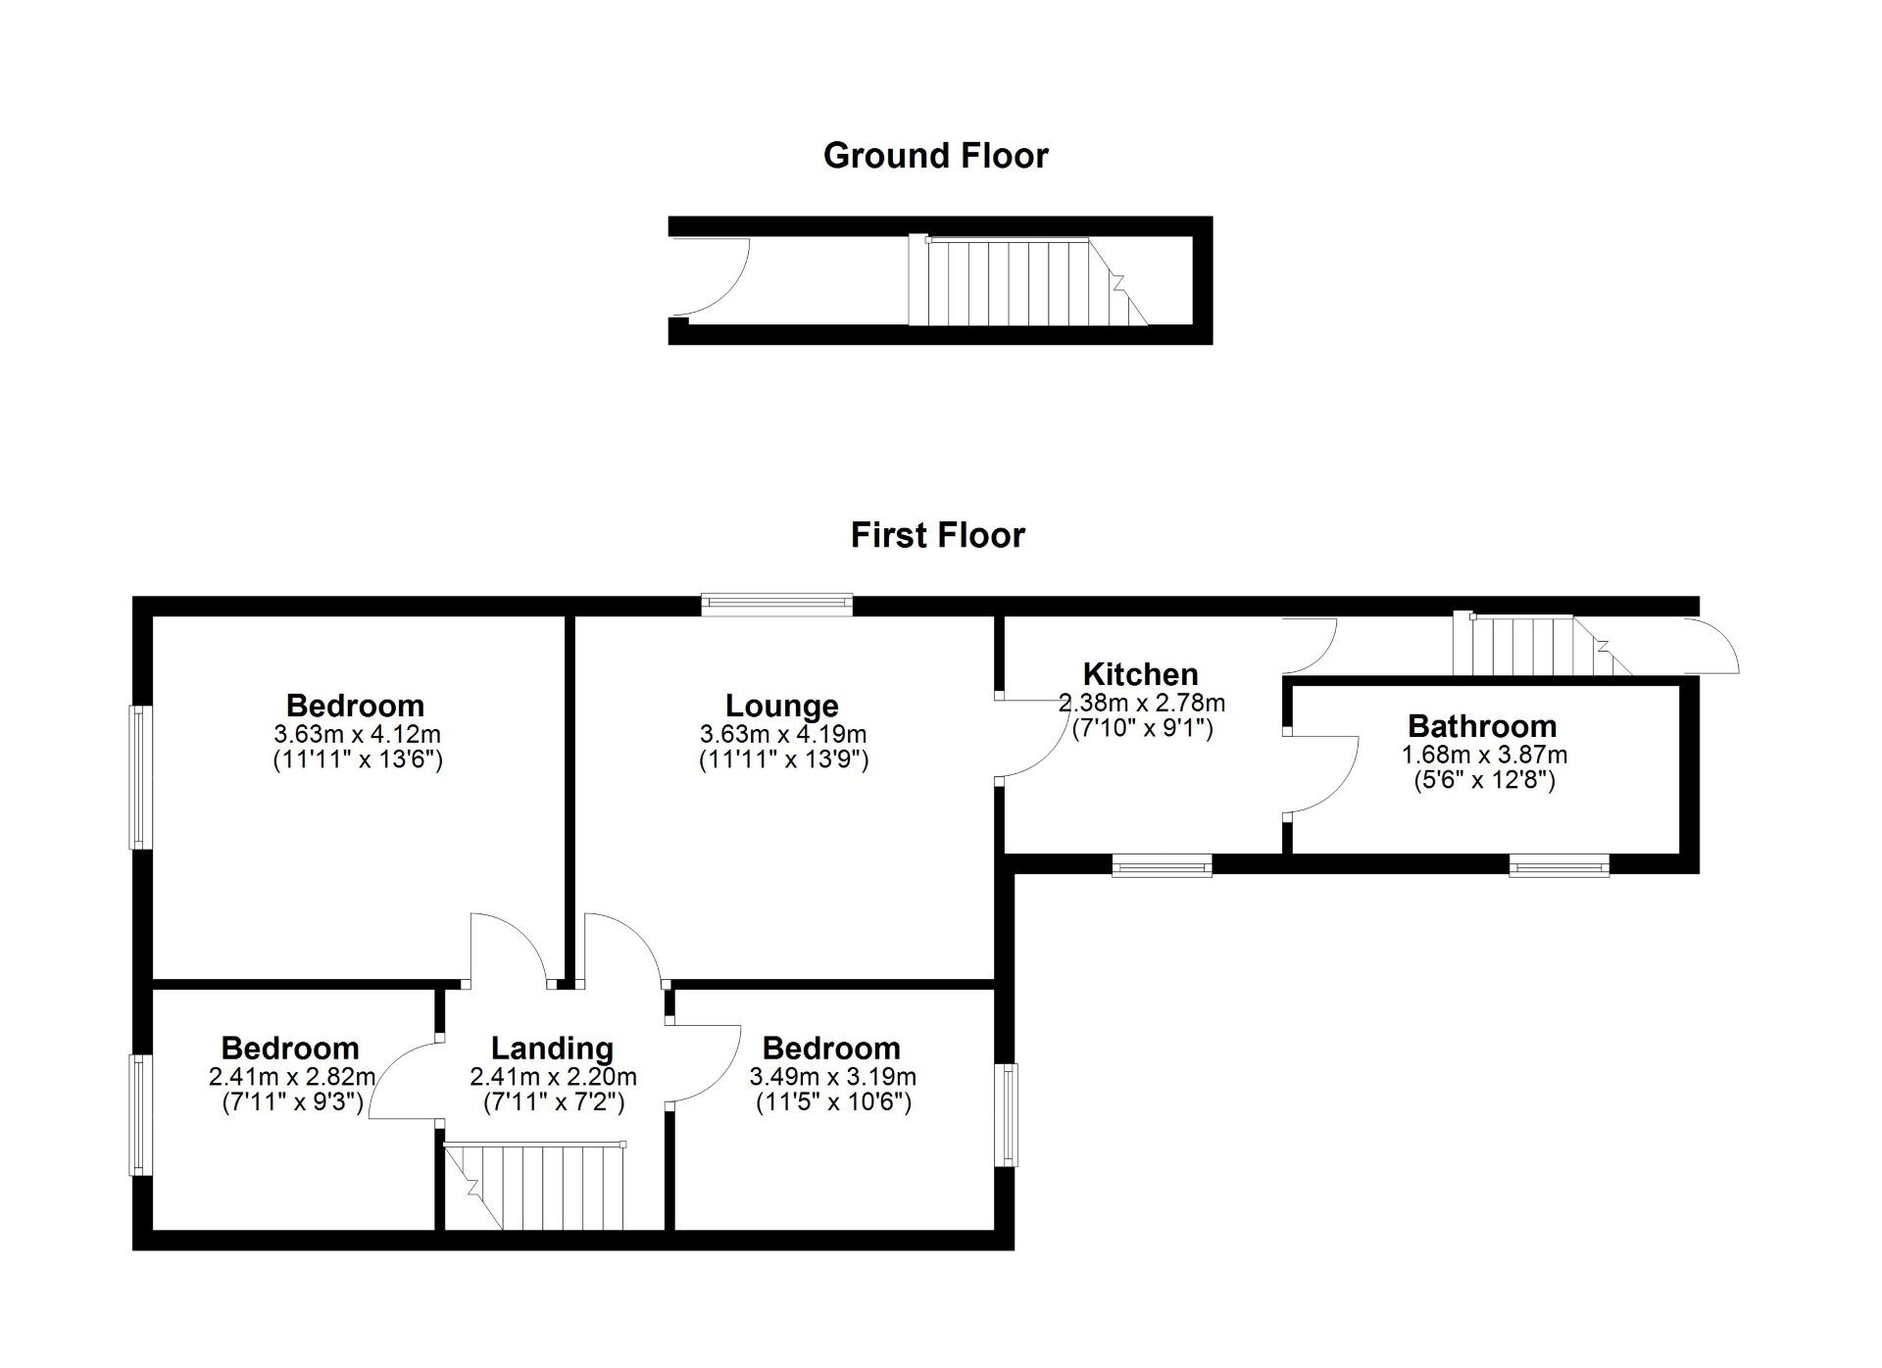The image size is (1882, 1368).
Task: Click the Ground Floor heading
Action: point(935,156)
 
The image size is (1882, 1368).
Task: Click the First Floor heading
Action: point(937,535)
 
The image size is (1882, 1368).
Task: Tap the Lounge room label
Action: point(781,706)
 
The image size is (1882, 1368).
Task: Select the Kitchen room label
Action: point(1140,674)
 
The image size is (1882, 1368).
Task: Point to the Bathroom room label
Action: point(1482,726)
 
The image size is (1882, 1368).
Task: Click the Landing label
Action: point(552,1049)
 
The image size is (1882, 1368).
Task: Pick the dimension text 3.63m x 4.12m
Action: point(357,734)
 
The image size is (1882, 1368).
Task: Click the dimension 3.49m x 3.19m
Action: point(832,1077)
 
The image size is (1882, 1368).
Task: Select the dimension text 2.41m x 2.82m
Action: point(291,1077)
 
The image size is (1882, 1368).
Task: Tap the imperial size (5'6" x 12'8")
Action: point(1483,781)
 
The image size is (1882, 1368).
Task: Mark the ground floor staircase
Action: point(1019,282)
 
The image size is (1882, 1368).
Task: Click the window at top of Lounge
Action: point(776,605)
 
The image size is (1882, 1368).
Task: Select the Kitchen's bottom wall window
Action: point(1162,864)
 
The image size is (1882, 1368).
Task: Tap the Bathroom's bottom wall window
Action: point(1559,864)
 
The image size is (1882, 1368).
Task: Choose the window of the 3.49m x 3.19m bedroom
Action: point(1006,1114)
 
